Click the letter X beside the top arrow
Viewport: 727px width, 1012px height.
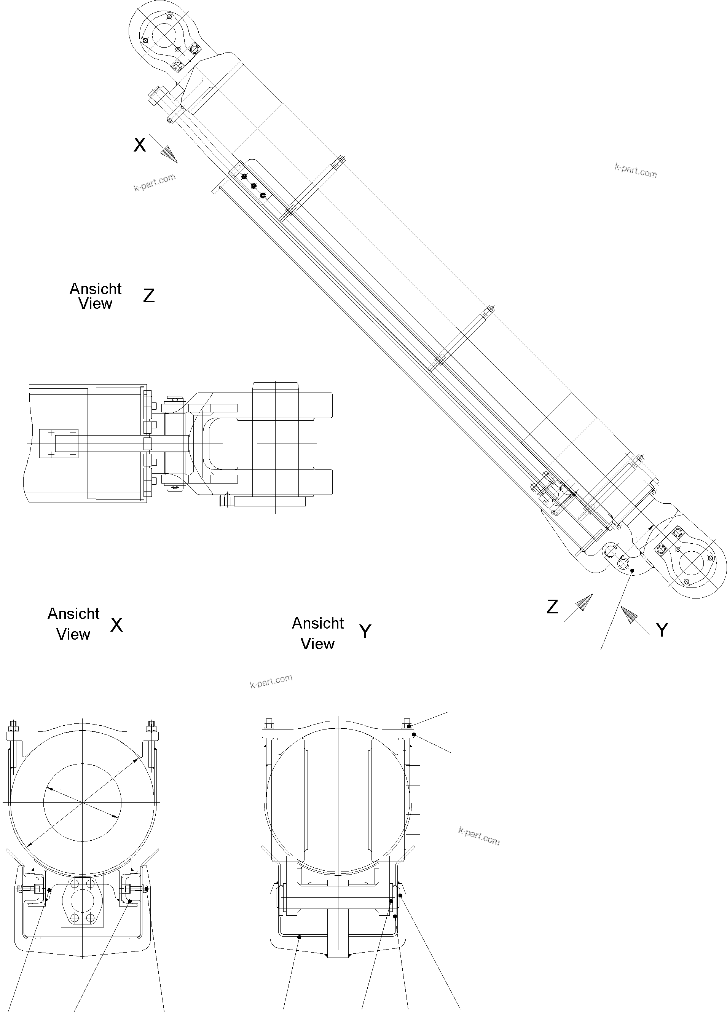(x=140, y=145)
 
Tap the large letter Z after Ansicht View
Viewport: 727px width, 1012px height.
(x=148, y=296)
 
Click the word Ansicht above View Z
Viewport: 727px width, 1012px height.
(x=96, y=289)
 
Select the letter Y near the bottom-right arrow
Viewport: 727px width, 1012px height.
(x=662, y=631)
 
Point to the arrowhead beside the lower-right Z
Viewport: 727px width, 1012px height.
(x=584, y=602)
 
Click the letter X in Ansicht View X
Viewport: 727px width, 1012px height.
(x=116, y=625)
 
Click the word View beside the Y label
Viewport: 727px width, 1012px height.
(x=317, y=644)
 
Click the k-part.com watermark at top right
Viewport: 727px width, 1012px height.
(x=636, y=171)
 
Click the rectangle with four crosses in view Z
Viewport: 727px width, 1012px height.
(x=59, y=444)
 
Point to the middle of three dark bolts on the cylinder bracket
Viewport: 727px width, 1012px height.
(x=254, y=186)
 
